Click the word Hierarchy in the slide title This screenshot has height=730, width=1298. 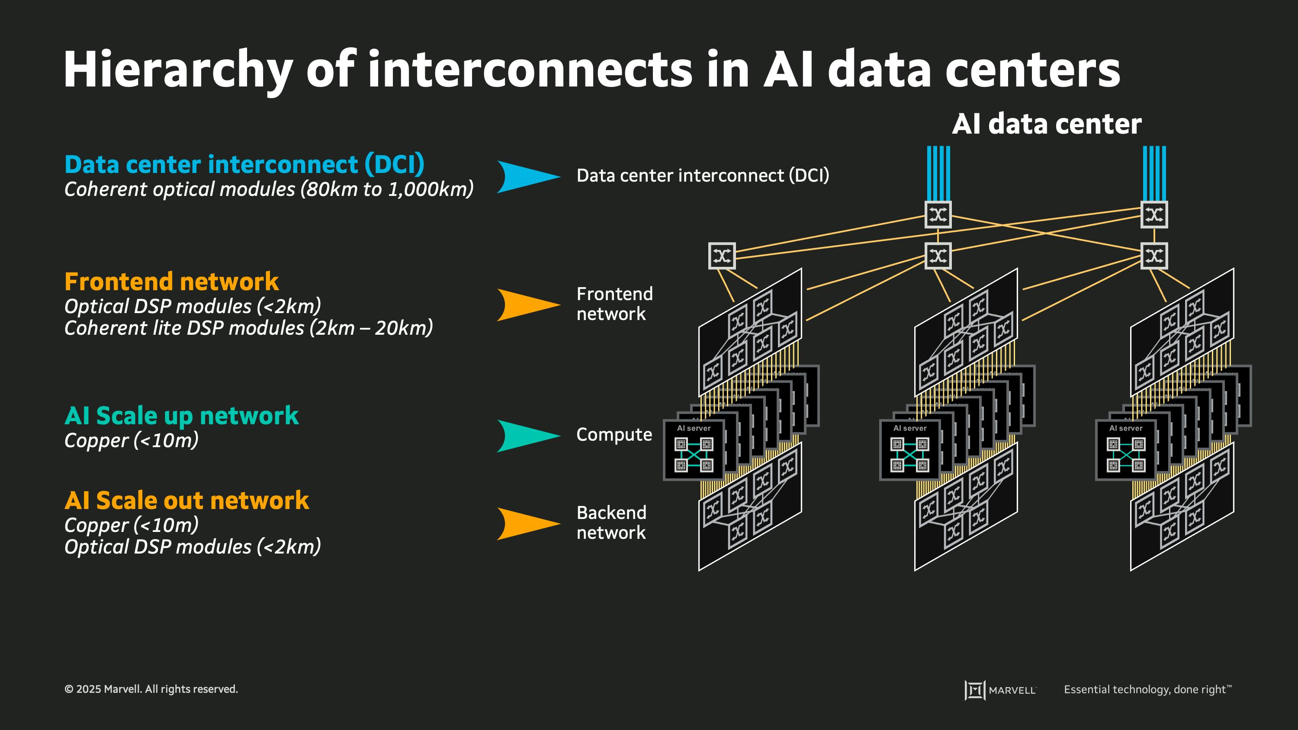point(178,70)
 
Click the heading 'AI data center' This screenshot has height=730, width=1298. point(1047,124)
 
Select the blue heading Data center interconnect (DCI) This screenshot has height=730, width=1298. point(244,165)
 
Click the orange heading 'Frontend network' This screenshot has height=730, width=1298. point(171,282)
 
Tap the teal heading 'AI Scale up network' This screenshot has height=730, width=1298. point(181,416)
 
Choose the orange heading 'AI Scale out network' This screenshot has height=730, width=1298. point(186,501)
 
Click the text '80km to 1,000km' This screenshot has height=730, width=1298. point(387,189)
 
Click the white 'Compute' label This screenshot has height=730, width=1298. point(614,435)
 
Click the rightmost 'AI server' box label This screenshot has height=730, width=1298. point(1126,428)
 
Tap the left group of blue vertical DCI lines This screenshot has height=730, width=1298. point(938,173)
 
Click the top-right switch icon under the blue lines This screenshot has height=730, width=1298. point(1154,215)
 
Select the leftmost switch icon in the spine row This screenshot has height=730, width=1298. point(722,256)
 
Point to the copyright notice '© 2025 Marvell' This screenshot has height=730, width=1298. point(151,689)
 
